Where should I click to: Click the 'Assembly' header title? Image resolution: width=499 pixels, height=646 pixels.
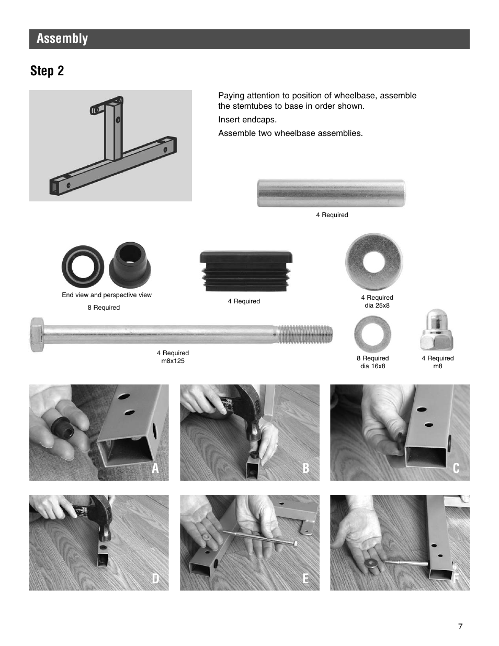pyautogui.click(x=62, y=39)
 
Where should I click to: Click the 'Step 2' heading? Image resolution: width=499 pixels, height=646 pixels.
pyautogui.click(x=47, y=71)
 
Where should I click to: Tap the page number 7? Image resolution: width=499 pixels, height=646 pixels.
pyautogui.click(x=460, y=627)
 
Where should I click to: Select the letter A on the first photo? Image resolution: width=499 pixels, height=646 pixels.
pyautogui.click(x=155, y=468)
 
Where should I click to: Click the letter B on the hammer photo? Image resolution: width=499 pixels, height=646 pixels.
pyautogui.click(x=305, y=468)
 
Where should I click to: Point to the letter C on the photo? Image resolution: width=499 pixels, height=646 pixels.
pyautogui.click(x=456, y=468)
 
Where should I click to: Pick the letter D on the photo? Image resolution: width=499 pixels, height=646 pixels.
pyautogui.click(x=155, y=579)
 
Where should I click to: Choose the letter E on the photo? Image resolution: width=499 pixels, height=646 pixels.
pyautogui.click(x=305, y=579)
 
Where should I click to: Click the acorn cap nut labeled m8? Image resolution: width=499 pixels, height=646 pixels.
pyautogui.click(x=437, y=331)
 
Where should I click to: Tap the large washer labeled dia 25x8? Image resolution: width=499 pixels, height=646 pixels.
pyautogui.click(x=374, y=261)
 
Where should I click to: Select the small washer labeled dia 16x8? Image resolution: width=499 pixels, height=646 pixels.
pyautogui.click(x=372, y=334)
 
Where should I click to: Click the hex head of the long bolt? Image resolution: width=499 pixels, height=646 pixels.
pyautogui.click(x=37, y=334)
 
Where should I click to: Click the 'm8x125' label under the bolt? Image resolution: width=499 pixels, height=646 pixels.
pyautogui.click(x=173, y=361)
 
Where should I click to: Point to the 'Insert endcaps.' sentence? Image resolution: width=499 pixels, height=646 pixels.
pyautogui.click(x=247, y=120)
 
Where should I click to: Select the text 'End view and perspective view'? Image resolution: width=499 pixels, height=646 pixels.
pyautogui.click(x=107, y=295)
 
